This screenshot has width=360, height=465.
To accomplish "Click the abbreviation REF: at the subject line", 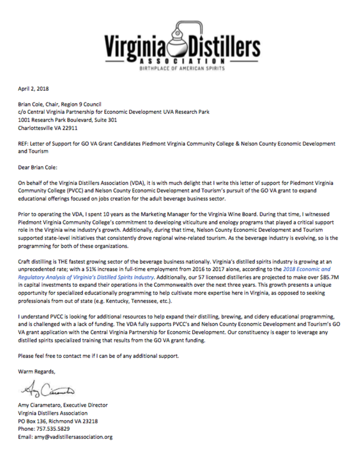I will coord(26,142).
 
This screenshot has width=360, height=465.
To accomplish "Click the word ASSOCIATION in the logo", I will coord(179,62).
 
